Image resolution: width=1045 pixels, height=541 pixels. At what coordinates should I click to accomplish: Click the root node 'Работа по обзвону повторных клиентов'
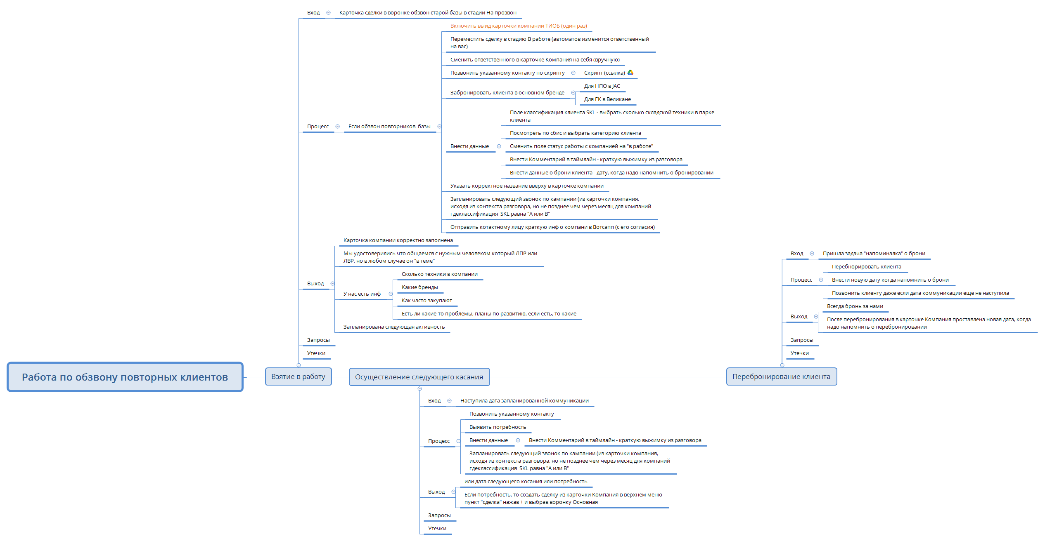point(125,377)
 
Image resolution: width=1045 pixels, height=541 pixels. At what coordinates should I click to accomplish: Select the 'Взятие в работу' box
point(298,376)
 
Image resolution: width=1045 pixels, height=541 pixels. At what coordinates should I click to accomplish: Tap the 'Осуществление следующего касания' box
point(419,377)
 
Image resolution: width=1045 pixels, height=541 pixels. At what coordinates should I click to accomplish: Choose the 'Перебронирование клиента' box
point(781,376)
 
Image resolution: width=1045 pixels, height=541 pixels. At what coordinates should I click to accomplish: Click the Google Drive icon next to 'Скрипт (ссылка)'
point(630,73)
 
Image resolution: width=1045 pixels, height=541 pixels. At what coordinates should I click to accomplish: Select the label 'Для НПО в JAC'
point(602,86)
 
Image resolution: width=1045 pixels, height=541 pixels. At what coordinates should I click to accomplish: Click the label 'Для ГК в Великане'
point(607,99)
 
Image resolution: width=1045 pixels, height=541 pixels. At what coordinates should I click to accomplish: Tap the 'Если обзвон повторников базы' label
point(389,126)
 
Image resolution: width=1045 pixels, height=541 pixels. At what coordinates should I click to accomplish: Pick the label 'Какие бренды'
point(419,287)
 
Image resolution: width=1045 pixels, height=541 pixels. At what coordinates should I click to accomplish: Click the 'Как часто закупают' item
point(427,300)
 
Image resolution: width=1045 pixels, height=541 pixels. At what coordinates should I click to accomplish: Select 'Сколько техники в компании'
point(439,274)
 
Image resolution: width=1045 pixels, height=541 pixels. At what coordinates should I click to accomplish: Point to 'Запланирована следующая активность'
point(394,327)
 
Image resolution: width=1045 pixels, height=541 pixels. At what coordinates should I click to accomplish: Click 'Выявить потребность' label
point(498,427)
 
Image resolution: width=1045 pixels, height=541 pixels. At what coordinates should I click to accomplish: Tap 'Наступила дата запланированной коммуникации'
point(524,400)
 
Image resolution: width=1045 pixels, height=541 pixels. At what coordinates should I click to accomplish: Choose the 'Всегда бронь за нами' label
point(855,306)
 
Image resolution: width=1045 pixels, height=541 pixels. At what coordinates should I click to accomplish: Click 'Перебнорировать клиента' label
point(866,266)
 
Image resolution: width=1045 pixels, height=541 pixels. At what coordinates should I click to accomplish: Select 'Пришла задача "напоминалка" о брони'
point(874,253)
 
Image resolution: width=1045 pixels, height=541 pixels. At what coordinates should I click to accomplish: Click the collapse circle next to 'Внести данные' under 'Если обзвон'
point(499,146)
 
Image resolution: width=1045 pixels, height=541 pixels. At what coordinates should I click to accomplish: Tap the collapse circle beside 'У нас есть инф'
point(391,294)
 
